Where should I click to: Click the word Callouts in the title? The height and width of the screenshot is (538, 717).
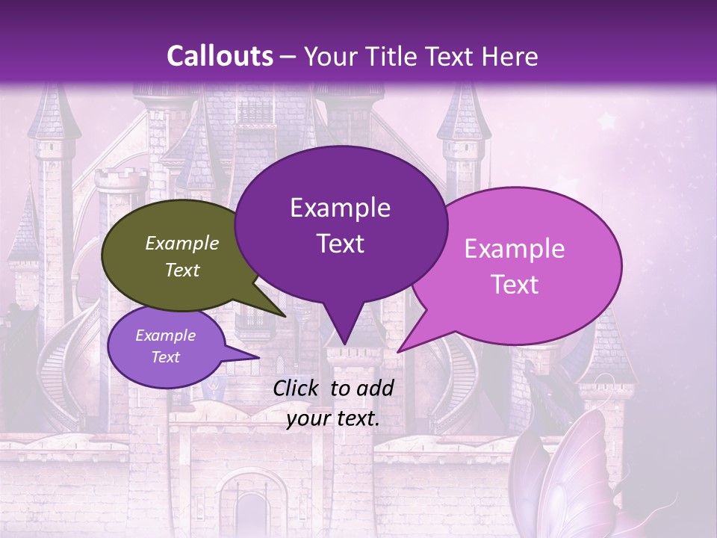220,56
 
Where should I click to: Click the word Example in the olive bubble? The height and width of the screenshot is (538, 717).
182,243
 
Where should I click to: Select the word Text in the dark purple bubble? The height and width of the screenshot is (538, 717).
341,244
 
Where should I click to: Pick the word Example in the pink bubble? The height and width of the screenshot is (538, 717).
515,249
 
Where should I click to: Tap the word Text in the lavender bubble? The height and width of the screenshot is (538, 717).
165,357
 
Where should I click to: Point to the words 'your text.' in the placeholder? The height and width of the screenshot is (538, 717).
333,419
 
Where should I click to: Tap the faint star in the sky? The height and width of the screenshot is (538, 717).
606,120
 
